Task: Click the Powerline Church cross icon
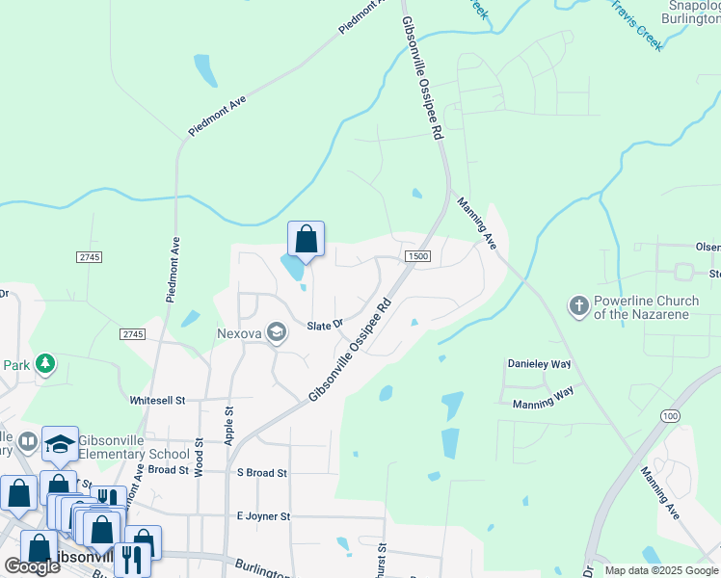click(578, 306)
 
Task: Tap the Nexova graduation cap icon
click(278, 332)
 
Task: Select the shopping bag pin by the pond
click(306, 239)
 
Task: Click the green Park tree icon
click(44, 363)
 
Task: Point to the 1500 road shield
click(417, 256)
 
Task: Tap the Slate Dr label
click(326, 325)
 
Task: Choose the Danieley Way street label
click(540, 364)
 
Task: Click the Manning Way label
click(543, 405)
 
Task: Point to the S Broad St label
click(262, 473)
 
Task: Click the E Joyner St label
click(263, 516)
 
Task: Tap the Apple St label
click(229, 424)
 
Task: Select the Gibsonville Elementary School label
click(134, 447)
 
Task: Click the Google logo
click(32, 566)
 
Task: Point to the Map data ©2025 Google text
click(660, 570)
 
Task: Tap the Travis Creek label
click(636, 20)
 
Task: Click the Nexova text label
click(240, 332)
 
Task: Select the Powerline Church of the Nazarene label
click(646, 307)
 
